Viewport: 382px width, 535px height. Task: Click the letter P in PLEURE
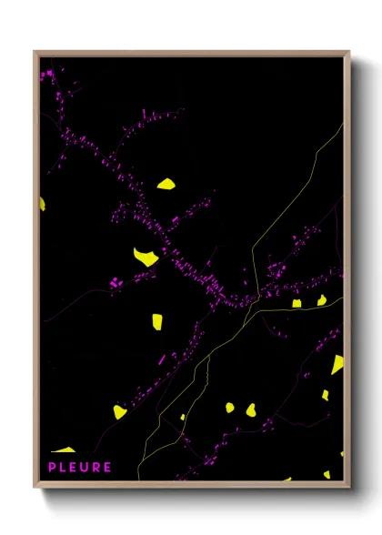51,468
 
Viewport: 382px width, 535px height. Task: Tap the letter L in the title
63,468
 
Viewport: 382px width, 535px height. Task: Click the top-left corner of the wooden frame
35,52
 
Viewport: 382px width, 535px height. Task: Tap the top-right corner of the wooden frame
349,52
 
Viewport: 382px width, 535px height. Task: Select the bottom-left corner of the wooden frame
35,487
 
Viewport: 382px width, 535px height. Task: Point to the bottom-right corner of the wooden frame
349,487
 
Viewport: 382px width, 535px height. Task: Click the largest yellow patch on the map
146,257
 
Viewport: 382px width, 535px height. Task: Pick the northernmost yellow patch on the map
166,184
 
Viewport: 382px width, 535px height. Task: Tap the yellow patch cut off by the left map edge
42,203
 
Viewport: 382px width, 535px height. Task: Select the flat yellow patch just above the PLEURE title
64,449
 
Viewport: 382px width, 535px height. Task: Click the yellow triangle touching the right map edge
337,364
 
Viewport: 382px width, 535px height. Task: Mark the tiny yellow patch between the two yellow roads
182,417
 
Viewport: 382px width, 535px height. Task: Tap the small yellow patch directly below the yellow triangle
326,395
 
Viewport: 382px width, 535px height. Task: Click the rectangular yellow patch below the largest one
156,321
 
